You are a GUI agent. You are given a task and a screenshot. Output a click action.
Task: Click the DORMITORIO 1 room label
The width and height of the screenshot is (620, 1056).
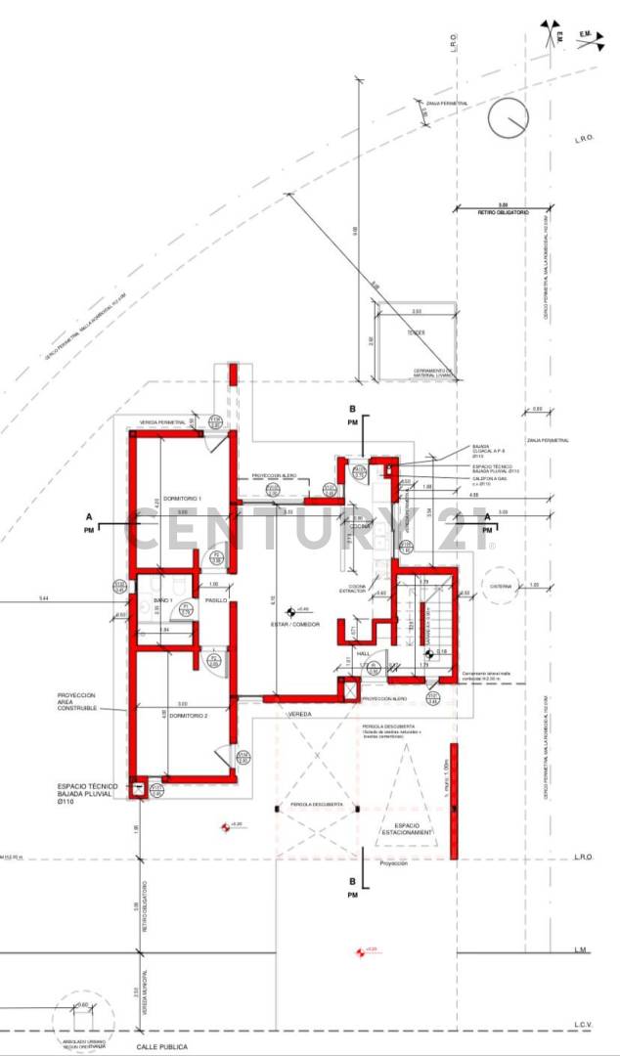(182, 499)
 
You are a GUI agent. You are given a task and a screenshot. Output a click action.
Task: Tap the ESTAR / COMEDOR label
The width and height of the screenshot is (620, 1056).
(289, 624)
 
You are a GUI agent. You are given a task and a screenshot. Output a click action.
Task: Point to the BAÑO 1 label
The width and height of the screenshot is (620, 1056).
(162, 599)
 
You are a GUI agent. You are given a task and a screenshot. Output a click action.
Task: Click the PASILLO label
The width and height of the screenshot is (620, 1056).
(216, 599)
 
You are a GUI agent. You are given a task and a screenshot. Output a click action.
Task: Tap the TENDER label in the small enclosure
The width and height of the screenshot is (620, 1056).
(418, 332)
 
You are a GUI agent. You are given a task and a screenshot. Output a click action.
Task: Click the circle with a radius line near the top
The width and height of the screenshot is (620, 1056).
(509, 121)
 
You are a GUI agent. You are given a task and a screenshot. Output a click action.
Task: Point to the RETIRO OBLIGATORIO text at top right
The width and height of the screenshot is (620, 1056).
(503, 211)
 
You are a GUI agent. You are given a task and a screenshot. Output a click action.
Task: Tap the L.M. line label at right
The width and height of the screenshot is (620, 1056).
(581, 950)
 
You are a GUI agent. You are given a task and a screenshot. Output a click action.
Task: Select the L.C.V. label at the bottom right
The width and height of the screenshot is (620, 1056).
(583, 1026)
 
